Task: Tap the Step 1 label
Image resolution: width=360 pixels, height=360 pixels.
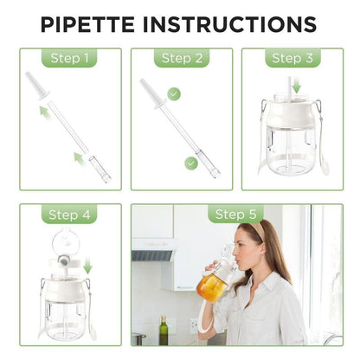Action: pyautogui.click(x=70, y=59)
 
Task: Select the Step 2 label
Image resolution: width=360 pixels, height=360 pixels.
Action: pyautogui.click(x=181, y=59)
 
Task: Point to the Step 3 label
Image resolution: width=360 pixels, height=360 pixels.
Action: pyautogui.click(x=292, y=59)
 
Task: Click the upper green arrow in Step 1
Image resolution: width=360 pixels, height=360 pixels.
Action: pyautogui.click(x=44, y=111)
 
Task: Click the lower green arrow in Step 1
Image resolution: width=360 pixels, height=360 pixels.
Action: pyautogui.click(x=79, y=157)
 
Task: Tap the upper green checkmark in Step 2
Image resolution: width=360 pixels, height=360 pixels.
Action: pyautogui.click(x=174, y=93)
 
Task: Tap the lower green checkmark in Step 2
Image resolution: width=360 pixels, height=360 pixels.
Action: pyautogui.click(x=191, y=162)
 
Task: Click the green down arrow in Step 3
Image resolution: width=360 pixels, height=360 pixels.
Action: pyautogui.click(x=296, y=87)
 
